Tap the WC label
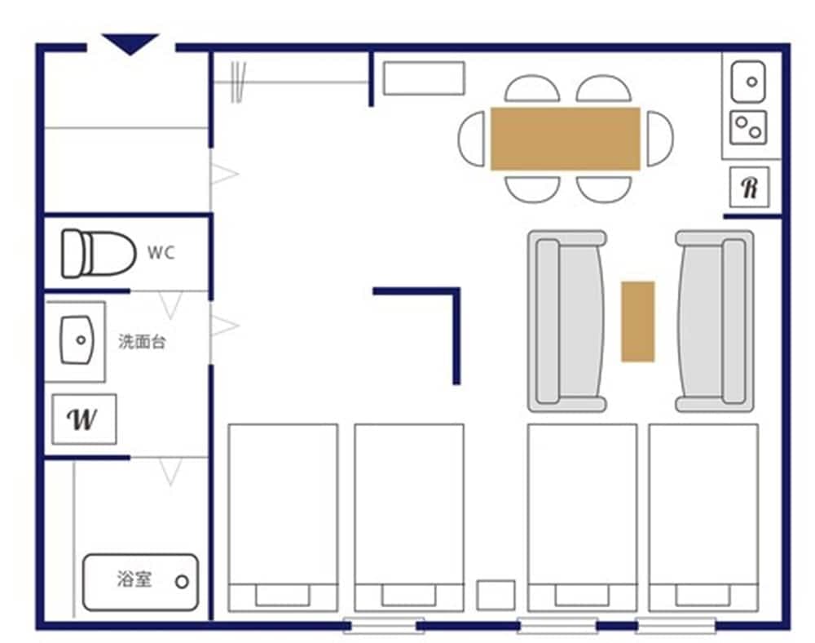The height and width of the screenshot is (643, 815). click(161, 253)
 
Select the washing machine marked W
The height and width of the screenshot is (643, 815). click(84, 419)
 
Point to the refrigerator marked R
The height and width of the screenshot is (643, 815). click(749, 188)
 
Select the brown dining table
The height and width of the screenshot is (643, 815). click(565, 139)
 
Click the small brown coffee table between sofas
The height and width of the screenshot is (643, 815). click(638, 321)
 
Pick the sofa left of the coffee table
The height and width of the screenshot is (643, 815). click(567, 321)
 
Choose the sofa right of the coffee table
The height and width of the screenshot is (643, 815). click(715, 321)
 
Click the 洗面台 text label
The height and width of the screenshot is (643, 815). click(142, 342)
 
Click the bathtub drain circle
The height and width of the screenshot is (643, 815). click(182, 583)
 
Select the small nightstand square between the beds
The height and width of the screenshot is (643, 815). click(496, 595)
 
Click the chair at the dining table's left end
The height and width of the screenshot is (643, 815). click(473, 139)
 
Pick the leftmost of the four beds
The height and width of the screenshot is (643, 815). click(283, 517)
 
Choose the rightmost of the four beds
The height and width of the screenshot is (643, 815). click(703, 517)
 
